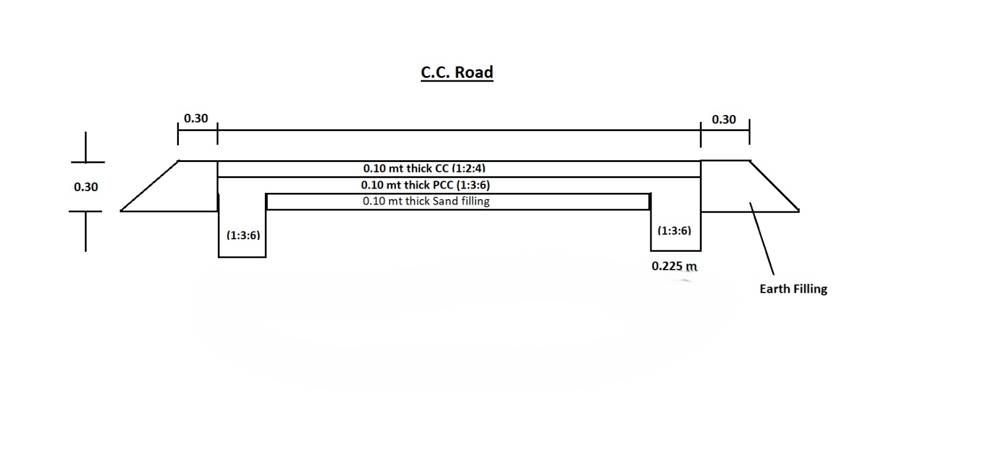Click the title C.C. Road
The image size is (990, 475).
[x=457, y=72]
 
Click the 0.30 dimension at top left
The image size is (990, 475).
[x=196, y=118]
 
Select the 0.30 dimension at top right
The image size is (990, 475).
[x=723, y=119]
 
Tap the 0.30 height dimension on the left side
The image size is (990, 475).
[x=85, y=187]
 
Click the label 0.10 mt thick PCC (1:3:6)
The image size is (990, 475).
[x=425, y=185]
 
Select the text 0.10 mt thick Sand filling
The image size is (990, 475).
[x=426, y=201]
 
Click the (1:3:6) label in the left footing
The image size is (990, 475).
[x=243, y=235]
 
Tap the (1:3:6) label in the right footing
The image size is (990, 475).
[x=674, y=231]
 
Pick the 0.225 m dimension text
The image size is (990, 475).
[x=674, y=266]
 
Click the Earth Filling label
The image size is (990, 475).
[x=793, y=289]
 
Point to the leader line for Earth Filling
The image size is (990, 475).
[x=762, y=239]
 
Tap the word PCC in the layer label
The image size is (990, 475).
[x=441, y=185]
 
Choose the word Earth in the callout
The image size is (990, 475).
[x=774, y=289]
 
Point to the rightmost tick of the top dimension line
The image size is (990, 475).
[x=749, y=132]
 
